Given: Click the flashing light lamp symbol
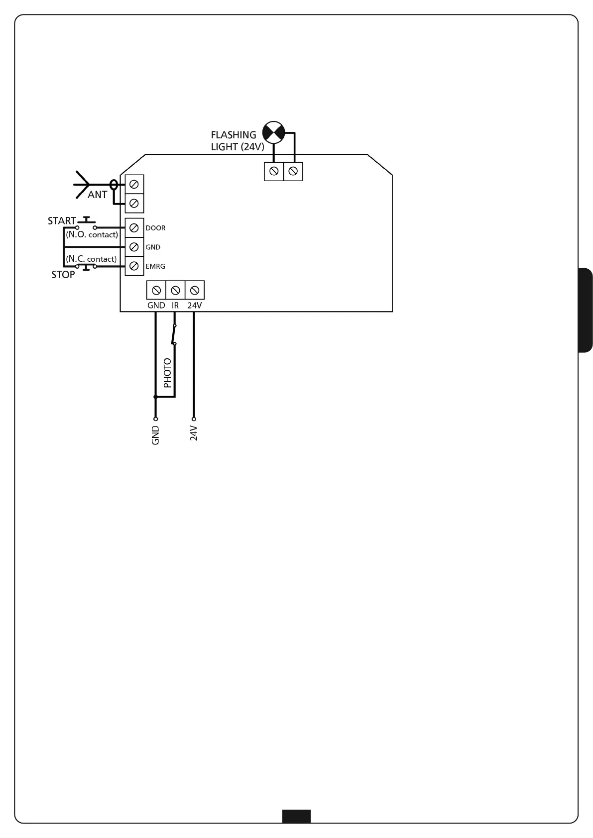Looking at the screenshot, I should point(273,132).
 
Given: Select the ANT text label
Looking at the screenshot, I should point(97,195).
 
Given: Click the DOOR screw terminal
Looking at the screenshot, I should point(133,228).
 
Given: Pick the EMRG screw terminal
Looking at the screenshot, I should point(133,266).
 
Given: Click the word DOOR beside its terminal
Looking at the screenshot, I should point(155,228).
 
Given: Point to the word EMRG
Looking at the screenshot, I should point(155,267).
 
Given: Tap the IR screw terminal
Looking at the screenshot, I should point(175,290).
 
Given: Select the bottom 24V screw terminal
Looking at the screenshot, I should point(195,290).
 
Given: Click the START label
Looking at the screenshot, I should point(62,221).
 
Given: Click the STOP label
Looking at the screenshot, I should point(63,275).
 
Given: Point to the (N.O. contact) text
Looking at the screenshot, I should point(92,235).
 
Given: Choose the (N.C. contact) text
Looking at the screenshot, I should point(91,259).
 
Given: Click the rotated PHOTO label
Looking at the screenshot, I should point(167,373).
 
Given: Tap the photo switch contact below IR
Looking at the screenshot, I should point(174,334).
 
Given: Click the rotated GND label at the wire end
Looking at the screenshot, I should point(155,435).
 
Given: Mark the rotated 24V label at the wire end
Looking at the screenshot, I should point(194,433).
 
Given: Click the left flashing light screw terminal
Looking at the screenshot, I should point(273,172).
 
